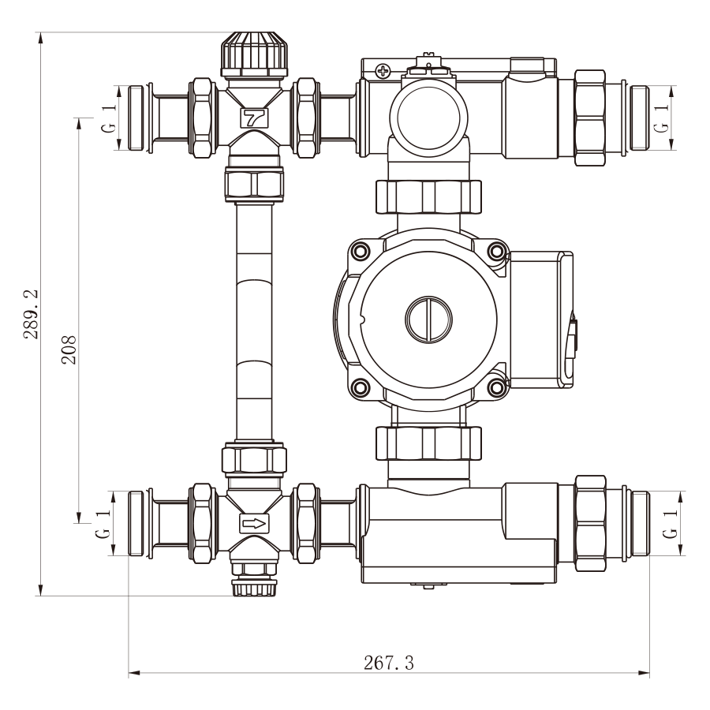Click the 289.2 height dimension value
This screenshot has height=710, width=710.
(32, 314)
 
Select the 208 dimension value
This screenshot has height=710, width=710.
(69, 350)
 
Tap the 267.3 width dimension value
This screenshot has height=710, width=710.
(389, 663)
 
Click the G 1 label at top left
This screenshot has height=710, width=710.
(109, 118)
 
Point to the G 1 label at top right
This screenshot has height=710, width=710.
(661, 118)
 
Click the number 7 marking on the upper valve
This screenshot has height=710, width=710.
(254, 118)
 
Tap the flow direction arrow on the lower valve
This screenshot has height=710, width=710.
(254, 524)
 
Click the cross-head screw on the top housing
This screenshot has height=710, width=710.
(383, 71)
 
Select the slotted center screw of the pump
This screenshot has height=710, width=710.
(429, 319)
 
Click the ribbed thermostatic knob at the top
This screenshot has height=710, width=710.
(254, 54)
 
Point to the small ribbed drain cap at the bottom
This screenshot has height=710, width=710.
(254, 587)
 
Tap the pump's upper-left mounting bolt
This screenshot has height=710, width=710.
(361, 250)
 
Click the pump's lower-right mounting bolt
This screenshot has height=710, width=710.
(497, 387)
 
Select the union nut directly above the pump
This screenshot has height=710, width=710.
(428, 197)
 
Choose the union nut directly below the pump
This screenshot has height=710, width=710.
(428, 443)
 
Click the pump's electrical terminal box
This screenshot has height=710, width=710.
(541, 320)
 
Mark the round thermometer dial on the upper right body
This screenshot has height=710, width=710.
(428, 118)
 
